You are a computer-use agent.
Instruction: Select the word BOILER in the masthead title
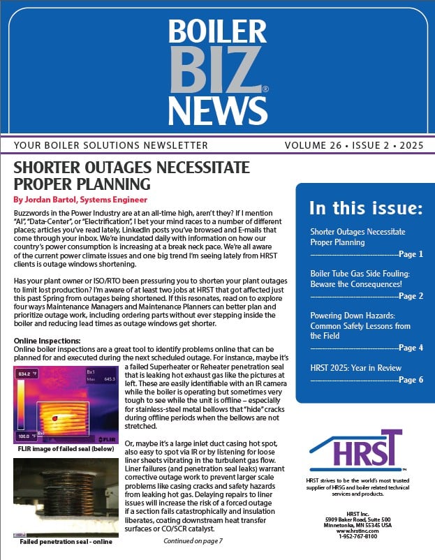coord(218,31)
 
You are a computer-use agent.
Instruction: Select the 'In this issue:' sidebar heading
coord(366,207)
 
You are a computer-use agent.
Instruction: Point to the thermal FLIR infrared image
coord(65,405)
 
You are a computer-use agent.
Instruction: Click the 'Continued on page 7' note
coord(192,540)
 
